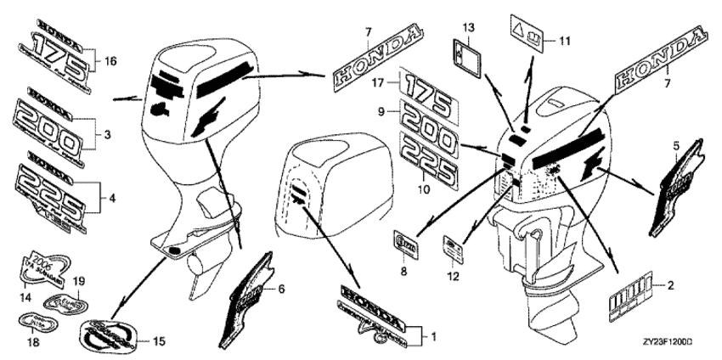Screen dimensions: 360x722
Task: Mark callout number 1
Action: point(434,337)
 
